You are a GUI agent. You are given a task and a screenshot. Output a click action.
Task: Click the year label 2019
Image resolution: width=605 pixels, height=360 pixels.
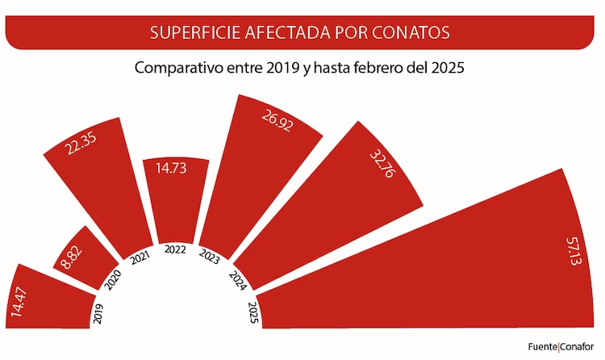(x=98, y=312)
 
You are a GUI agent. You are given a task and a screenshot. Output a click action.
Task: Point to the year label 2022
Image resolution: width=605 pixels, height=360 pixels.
(x=175, y=249)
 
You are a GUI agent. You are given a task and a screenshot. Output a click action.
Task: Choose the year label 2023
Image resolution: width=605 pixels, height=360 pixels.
(x=210, y=257)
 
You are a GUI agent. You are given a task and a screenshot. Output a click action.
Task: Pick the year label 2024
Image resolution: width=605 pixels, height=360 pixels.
(x=237, y=279)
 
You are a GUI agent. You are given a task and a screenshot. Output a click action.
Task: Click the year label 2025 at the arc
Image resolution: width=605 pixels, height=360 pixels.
(x=252, y=311)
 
